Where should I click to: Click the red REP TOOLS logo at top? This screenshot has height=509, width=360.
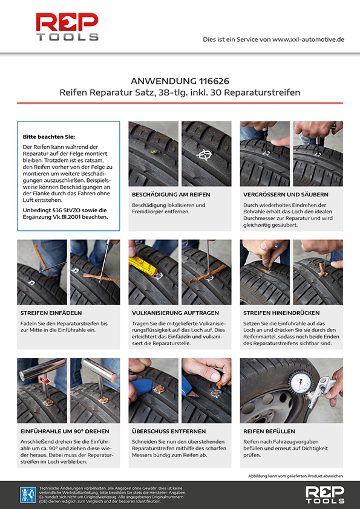[67, 27]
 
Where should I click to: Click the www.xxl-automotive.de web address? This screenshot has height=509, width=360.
[308, 39]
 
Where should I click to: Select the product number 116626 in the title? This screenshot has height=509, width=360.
[214, 81]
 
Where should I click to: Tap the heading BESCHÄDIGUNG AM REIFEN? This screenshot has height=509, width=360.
[171, 195]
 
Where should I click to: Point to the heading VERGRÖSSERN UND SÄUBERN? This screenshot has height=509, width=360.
[286, 195]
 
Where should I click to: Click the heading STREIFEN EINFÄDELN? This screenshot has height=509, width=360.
[51, 313]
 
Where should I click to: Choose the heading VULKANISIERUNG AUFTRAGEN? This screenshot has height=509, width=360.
[175, 313]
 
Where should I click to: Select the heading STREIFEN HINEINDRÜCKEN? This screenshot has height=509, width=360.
[281, 313]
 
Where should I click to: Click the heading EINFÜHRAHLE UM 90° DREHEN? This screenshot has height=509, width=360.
[65, 432]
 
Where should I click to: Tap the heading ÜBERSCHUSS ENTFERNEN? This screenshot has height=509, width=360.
[169, 432]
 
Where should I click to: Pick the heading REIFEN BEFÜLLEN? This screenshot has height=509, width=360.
[269, 432]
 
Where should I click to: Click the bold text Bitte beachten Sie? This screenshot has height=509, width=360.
[49, 137]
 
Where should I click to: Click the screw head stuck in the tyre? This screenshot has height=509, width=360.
[154, 151]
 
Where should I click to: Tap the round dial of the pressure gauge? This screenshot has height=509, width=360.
[301, 382]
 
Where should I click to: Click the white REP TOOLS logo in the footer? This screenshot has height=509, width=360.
[324, 494]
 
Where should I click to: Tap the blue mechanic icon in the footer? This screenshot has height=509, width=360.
[28, 494]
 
